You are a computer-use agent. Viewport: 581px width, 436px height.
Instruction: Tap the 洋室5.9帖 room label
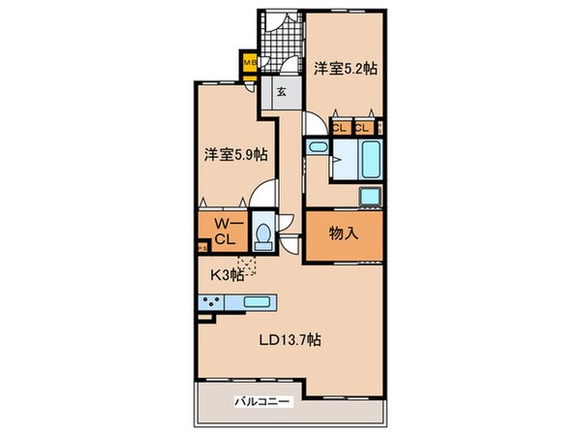point(235,154)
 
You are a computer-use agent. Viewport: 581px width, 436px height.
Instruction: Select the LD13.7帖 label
point(290,340)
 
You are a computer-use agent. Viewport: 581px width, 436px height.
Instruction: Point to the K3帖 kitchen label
point(227,273)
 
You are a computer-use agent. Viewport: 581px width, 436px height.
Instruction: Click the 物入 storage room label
point(343,234)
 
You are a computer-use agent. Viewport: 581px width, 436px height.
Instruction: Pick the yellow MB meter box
point(249,65)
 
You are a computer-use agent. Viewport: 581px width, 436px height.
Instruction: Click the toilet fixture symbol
point(262,234)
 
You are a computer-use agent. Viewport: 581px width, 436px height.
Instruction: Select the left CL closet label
point(340,127)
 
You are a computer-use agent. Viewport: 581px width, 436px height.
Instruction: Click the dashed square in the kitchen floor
point(250,263)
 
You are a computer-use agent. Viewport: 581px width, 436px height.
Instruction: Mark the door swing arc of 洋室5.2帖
point(316,123)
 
